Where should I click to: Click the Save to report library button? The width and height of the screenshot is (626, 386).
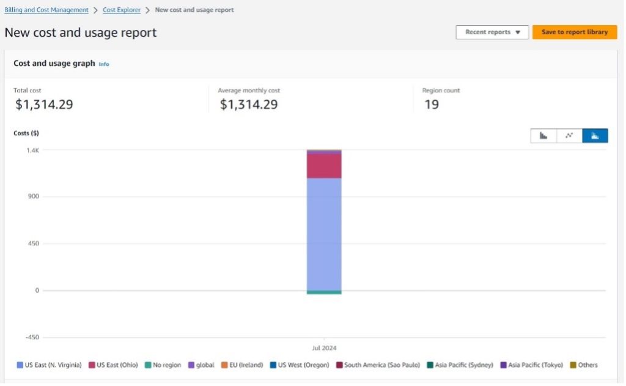pyautogui.click(x=574, y=32)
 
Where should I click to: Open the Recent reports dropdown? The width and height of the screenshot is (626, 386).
pyautogui.click(x=492, y=32)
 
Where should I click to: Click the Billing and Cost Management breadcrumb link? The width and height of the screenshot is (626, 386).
pyautogui.click(x=46, y=10)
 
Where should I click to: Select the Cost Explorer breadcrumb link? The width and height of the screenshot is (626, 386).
pyautogui.click(x=121, y=10)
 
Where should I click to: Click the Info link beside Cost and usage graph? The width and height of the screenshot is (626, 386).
pyautogui.click(x=104, y=64)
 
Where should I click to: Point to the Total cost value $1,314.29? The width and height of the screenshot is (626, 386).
pyautogui.click(x=43, y=105)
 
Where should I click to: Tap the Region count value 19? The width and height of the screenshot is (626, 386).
pyautogui.click(x=432, y=105)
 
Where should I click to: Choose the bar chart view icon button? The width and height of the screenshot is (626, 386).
pyautogui.click(x=543, y=136)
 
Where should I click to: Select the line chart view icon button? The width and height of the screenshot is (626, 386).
pyautogui.click(x=569, y=136)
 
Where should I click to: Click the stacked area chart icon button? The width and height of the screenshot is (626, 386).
pyautogui.click(x=595, y=136)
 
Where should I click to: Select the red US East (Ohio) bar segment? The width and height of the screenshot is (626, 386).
pyautogui.click(x=324, y=165)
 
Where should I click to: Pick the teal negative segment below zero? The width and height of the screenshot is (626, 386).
pyautogui.click(x=324, y=292)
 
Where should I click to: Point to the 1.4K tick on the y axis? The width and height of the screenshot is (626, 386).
pyautogui.click(x=33, y=150)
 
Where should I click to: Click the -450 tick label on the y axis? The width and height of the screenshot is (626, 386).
pyautogui.click(x=32, y=337)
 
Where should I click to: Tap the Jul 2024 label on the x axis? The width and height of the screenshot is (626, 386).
pyautogui.click(x=324, y=348)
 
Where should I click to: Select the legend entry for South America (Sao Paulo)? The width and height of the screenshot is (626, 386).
pyautogui.click(x=378, y=365)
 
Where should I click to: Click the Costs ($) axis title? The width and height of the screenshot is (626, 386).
pyautogui.click(x=26, y=133)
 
